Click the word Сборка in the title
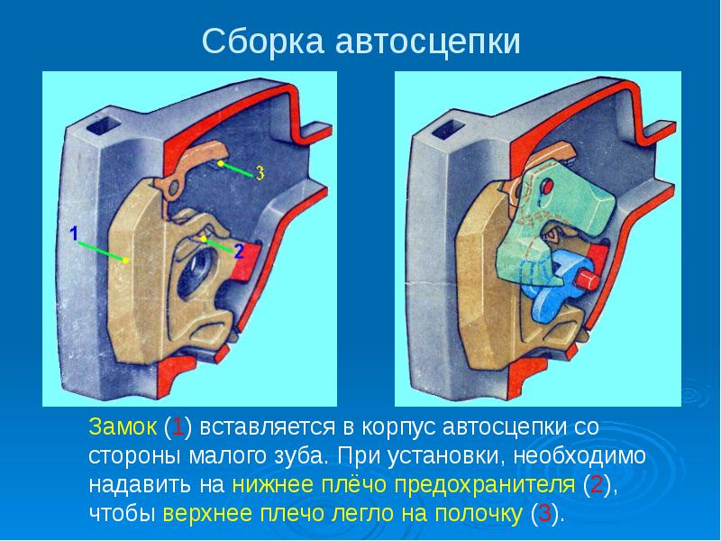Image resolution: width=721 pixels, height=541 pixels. point(262,41)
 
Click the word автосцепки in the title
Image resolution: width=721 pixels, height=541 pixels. point(427,42)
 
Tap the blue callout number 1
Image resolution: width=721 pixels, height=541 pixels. point(74,234)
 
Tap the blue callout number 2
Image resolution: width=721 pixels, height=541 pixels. point(238,252)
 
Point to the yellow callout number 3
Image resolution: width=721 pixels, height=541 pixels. point(260,173)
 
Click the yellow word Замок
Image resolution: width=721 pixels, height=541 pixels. point(123,426)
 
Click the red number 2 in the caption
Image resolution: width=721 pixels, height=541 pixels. point(597,485)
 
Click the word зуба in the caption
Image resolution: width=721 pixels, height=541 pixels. point(303,456)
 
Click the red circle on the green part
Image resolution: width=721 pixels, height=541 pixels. point(547,186)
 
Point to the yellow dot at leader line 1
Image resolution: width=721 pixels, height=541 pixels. point(125,261)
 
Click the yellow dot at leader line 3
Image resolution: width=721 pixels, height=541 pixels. point(221,163)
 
